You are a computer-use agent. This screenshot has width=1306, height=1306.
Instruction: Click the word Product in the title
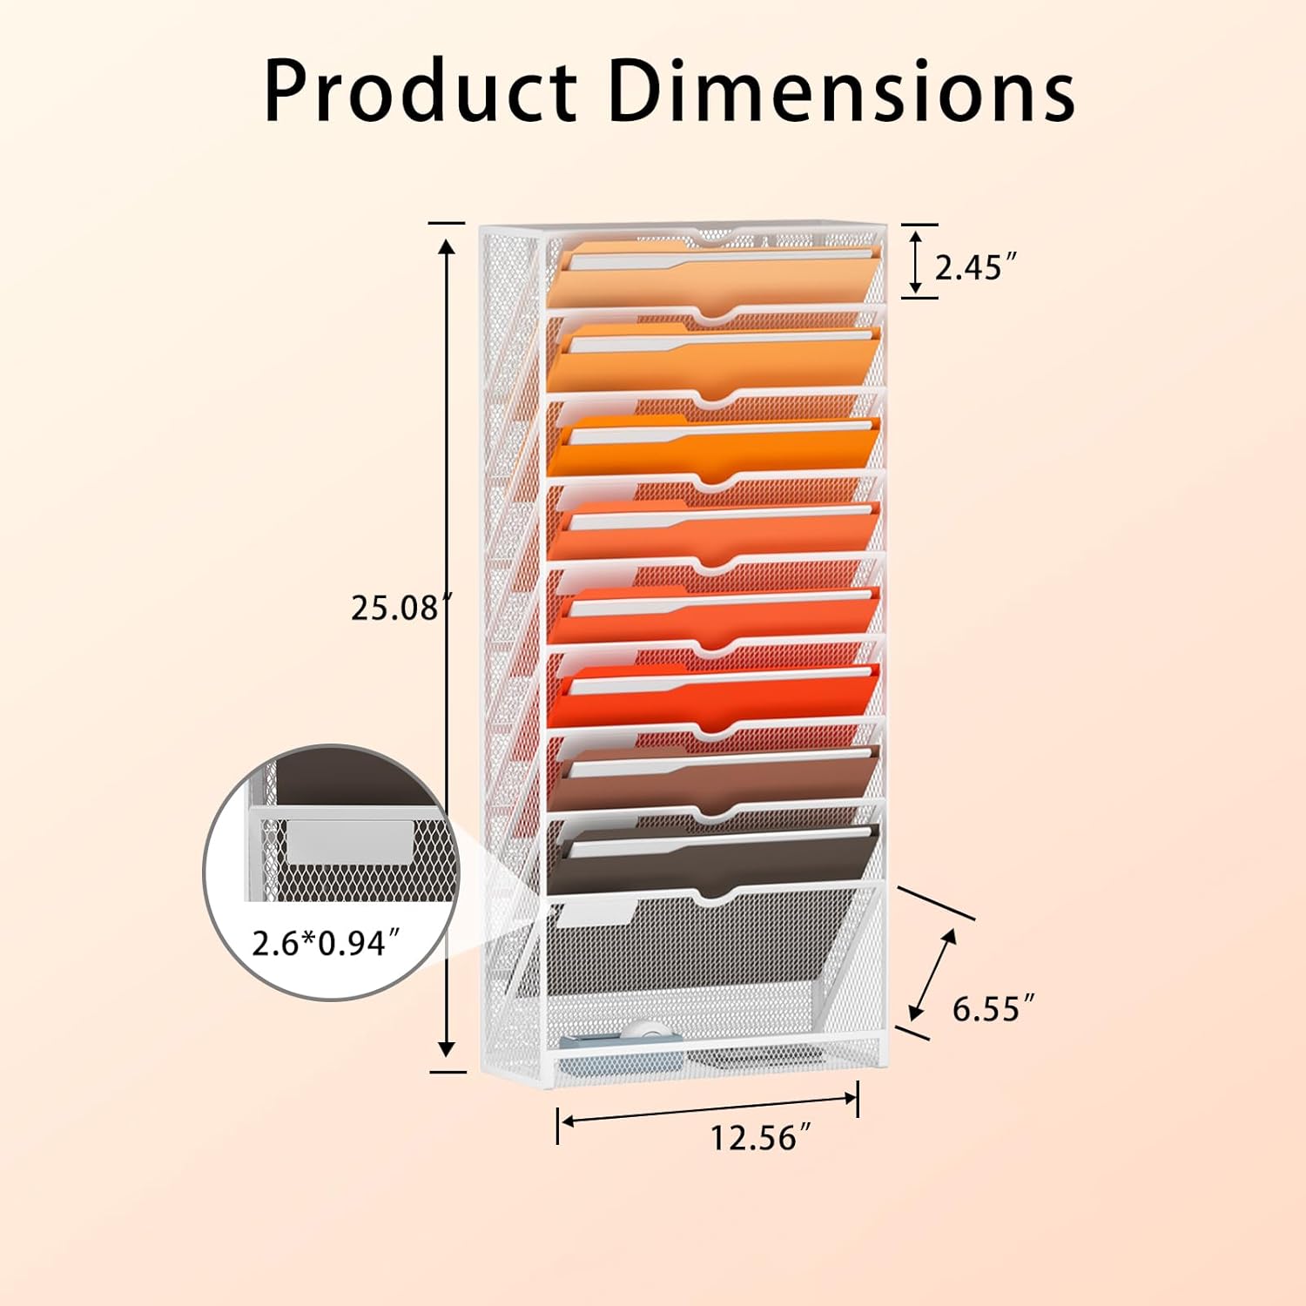coord(420,91)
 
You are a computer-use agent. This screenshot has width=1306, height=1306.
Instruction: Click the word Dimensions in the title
coord(842,91)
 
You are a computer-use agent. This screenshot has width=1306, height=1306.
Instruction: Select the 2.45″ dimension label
coord(975,267)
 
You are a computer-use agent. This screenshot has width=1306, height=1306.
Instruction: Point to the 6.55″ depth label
coord(993,1008)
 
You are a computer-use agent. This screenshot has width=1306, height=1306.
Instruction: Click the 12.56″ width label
coord(760,1137)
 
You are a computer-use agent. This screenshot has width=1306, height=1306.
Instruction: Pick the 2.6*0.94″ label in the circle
coord(326,942)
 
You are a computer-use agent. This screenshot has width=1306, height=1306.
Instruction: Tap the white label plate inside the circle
coord(349,841)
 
